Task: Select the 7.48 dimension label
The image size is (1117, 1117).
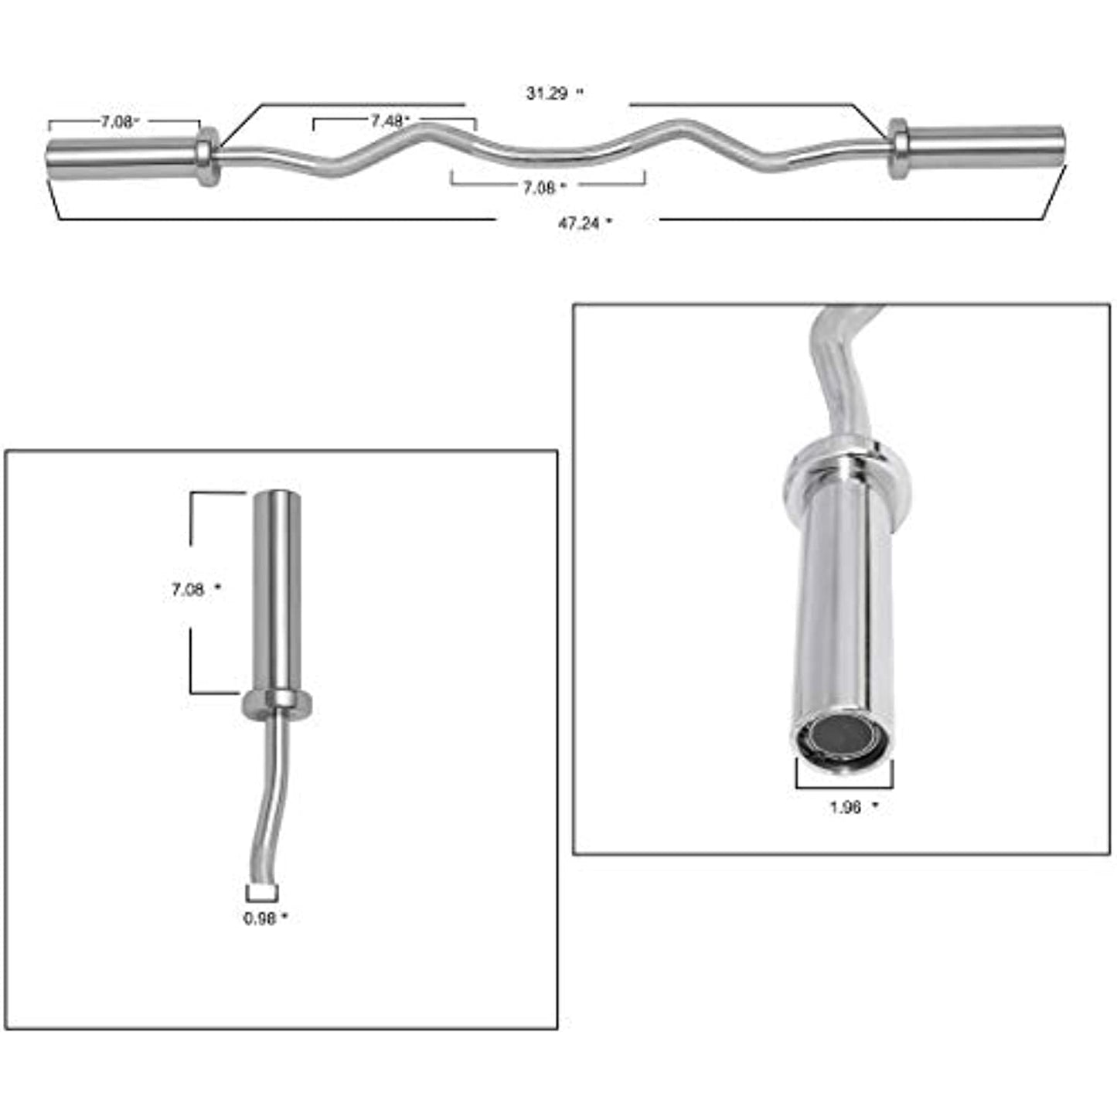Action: pos(389,121)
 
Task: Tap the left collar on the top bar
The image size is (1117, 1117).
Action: pos(206,157)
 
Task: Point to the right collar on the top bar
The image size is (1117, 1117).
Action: pos(897,148)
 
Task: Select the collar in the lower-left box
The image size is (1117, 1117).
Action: pos(278,703)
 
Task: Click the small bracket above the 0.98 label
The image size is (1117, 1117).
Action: pos(262,894)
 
